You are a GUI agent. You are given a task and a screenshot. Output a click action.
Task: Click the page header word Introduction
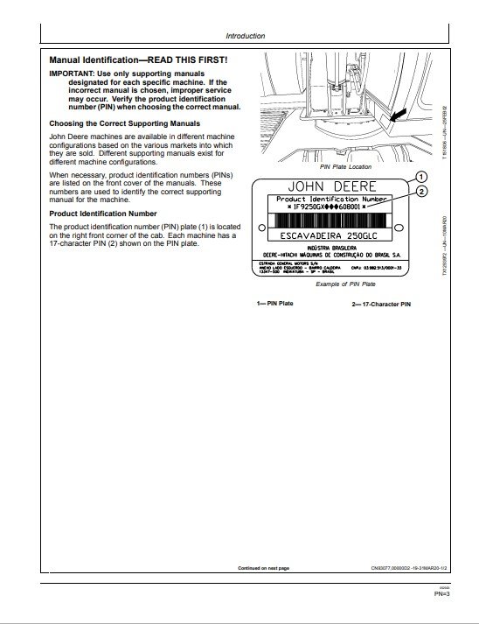coord(245,36)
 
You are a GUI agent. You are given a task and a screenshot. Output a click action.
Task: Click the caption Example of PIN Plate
coord(344,284)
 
